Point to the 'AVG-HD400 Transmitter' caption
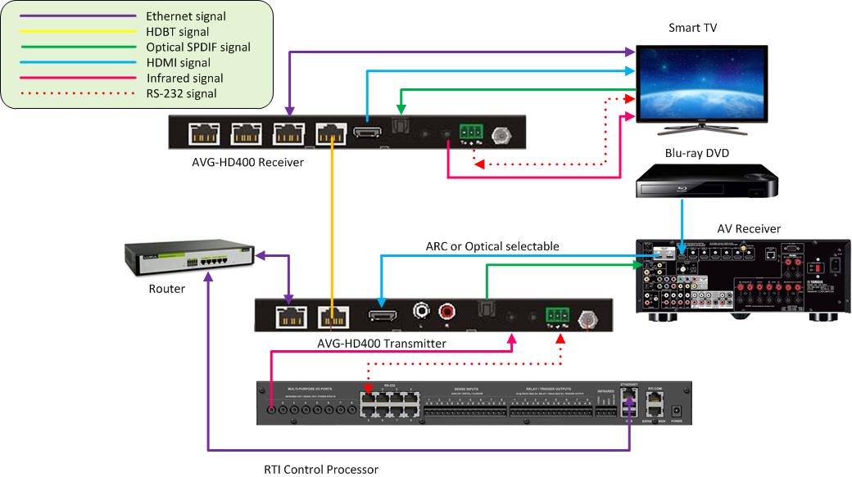(x=381, y=344)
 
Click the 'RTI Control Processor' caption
(x=321, y=469)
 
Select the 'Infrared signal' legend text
(x=184, y=79)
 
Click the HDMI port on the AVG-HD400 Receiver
(x=367, y=132)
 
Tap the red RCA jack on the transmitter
(x=446, y=313)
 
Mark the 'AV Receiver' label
(x=748, y=228)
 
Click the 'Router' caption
(x=166, y=289)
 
